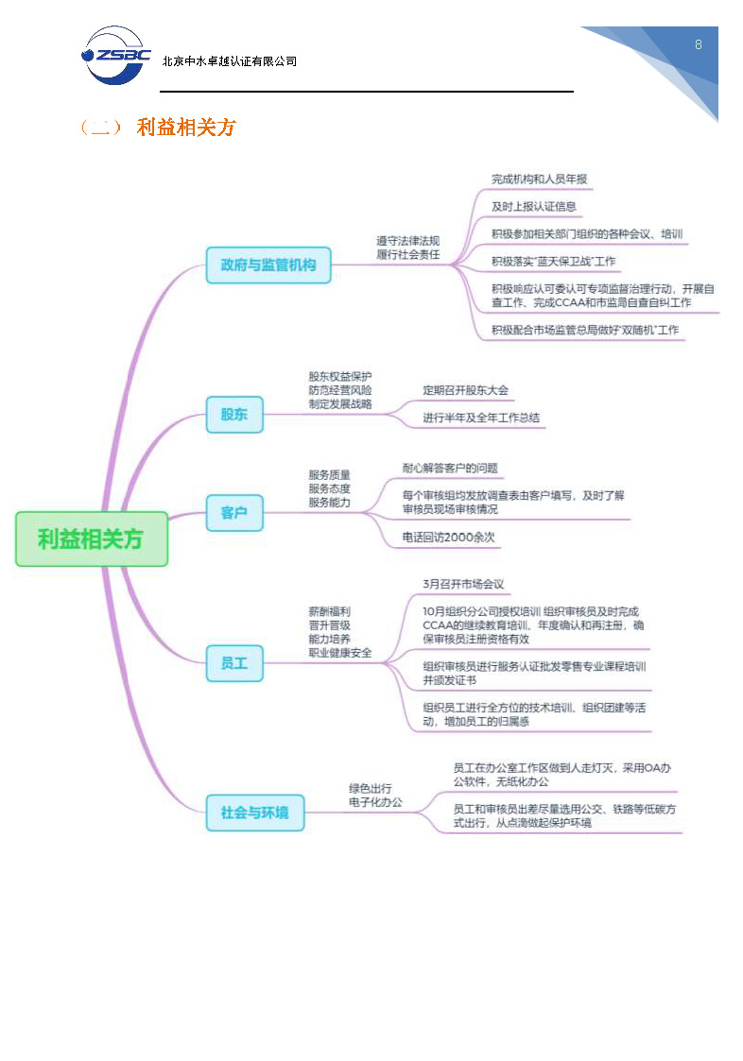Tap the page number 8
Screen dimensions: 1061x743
[x=698, y=44]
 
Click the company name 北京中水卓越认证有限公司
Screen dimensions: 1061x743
[x=230, y=61]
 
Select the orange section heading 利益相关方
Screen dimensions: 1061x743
[x=185, y=128]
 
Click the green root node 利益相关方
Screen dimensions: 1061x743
[x=92, y=539]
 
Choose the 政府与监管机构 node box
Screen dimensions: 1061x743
[x=268, y=265]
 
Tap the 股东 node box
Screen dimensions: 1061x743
[x=234, y=414]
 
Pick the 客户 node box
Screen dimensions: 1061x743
[x=234, y=512]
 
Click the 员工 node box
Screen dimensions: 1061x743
[x=234, y=663]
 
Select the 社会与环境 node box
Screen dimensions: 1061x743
[x=255, y=812]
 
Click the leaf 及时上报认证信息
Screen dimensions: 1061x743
[x=534, y=206]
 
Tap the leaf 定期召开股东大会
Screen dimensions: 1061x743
[x=465, y=389]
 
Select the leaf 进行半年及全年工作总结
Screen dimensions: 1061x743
[x=481, y=418]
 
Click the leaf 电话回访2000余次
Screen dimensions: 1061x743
[x=448, y=537]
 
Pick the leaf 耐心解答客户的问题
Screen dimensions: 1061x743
[x=450, y=468]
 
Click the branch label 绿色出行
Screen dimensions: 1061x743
[x=370, y=788]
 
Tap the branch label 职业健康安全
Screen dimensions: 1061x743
[x=339, y=652]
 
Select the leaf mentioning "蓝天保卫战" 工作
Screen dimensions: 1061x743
[x=553, y=261]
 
